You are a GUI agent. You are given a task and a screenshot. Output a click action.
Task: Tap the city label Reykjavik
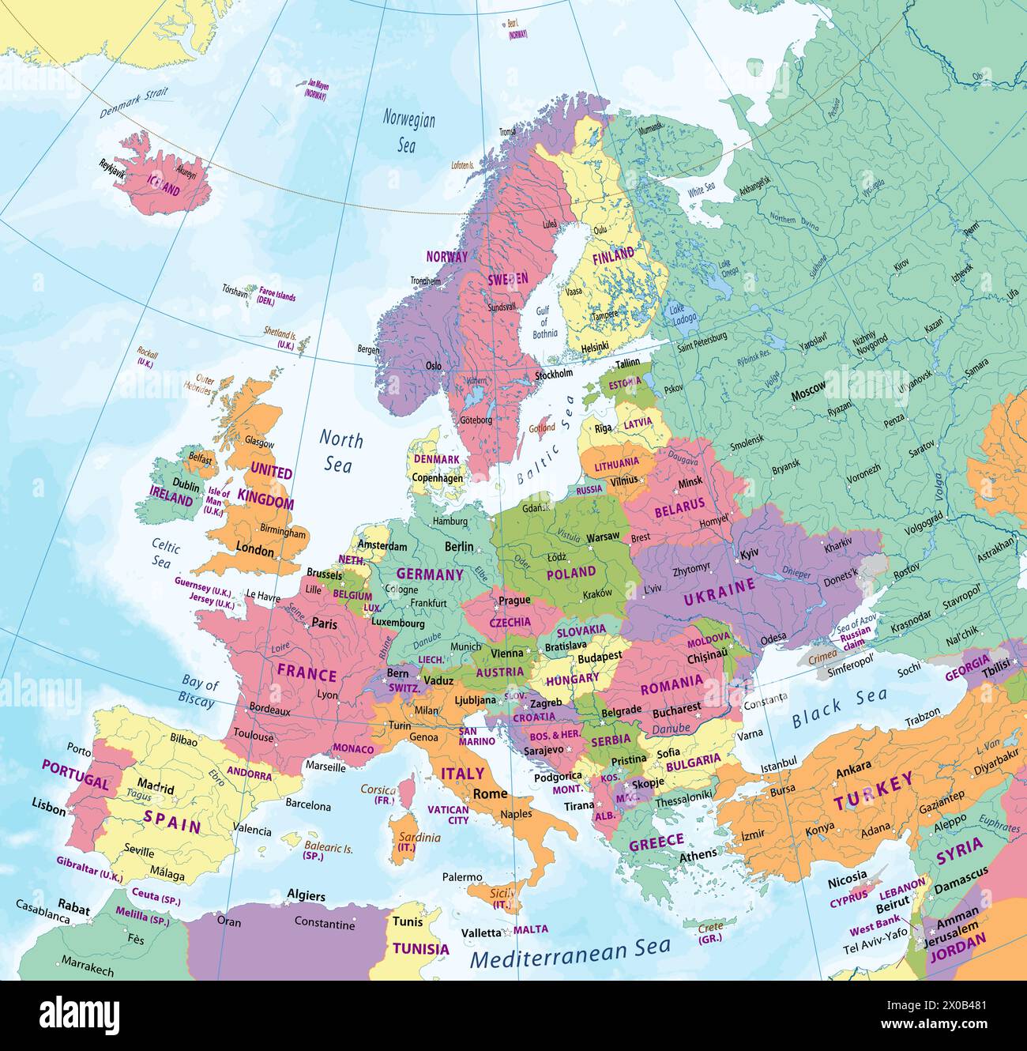point(112,166)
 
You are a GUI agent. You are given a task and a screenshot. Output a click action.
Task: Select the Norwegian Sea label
point(408,131)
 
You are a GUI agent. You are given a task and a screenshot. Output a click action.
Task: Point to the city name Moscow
point(808,388)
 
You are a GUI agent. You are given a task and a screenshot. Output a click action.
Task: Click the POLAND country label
point(570,572)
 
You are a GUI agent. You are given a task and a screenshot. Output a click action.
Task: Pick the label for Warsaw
point(604,537)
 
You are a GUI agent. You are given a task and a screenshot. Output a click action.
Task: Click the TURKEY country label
point(874,792)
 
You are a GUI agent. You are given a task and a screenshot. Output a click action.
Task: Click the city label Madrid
point(155,787)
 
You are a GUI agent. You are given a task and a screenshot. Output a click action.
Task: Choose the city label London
point(254,551)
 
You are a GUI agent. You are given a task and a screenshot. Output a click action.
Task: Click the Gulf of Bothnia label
point(545,322)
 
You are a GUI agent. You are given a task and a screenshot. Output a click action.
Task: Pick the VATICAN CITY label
point(448,815)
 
